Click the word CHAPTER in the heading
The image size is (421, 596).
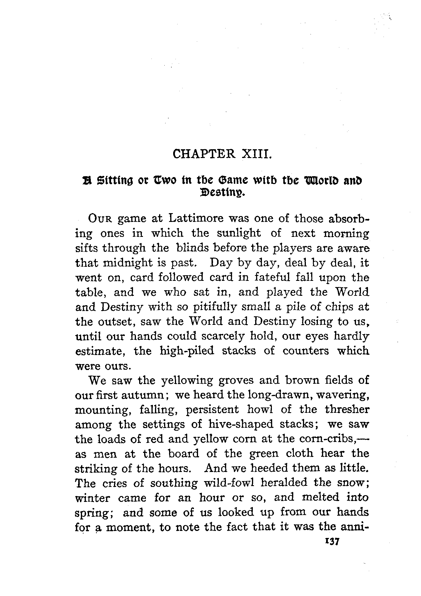tap(204, 154)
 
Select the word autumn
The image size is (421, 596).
tap(144, 395)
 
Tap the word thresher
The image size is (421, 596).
tap(347, 410)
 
